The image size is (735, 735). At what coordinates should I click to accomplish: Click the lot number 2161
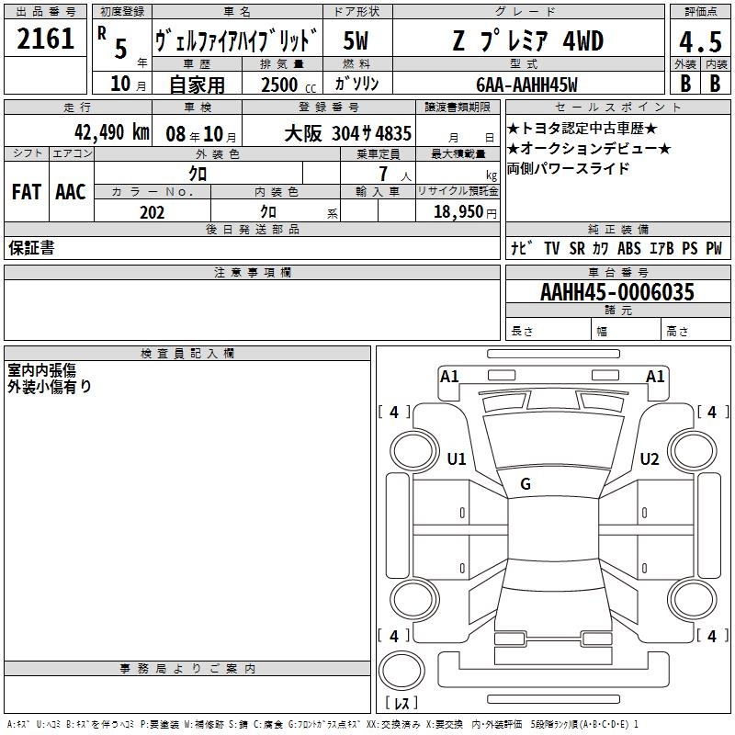point(45,39)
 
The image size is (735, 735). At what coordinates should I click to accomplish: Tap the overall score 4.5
point(700,41)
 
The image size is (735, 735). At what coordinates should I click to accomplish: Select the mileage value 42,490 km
point(111,132)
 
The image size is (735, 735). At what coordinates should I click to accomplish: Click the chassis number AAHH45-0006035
point(617,291)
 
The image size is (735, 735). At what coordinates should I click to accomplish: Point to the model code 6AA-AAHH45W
point(526,85)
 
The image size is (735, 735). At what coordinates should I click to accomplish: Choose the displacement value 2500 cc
point(288,85)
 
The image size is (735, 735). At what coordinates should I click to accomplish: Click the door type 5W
point(356,40)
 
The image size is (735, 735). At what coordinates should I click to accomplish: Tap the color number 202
point(152,212)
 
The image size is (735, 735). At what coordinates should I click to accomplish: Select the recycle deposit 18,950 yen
point(465,212)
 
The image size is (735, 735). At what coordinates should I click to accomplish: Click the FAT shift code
point(27,192)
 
